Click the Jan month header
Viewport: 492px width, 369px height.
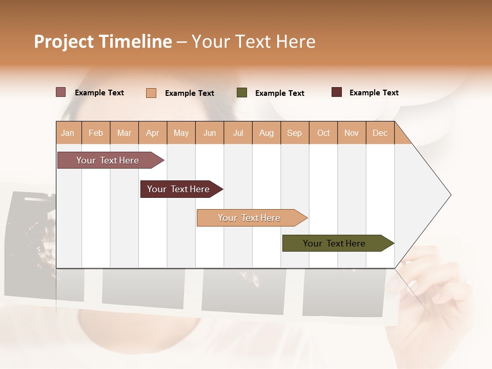(x=68, y=133)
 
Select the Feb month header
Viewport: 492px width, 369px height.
(x=96, y=133)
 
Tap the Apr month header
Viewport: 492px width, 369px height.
(x=153, y=133)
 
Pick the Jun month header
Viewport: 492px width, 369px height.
(x=210, y=133)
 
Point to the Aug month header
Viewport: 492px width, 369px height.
(x=266, y=133)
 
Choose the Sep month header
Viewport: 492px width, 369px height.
(x=295, y=133)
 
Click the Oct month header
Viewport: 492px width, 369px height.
(x=323, y=133)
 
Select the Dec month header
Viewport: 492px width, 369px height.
(x=380, y=133)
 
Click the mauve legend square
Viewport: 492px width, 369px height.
(x=61, y=92)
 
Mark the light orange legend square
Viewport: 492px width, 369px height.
(x=151, y=93)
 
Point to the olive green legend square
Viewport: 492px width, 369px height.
(x=242, y=93)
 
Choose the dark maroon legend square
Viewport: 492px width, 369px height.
(x=337, y=92)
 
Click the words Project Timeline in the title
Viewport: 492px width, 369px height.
(x=103, y=42)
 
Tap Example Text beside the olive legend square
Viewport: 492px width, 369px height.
(x=280, y=93)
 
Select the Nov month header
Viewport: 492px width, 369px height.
(x=352, y=133)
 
